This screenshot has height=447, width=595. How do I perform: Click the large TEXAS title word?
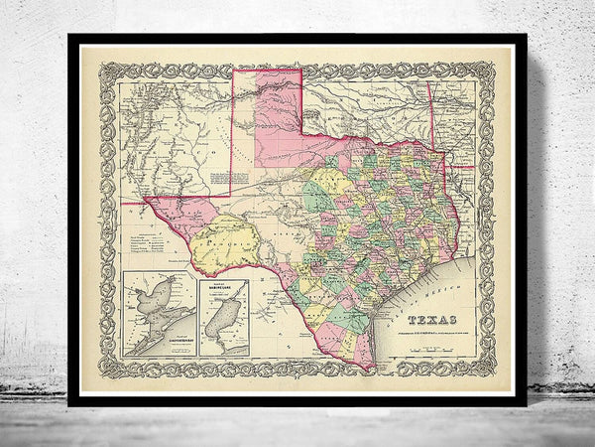432,319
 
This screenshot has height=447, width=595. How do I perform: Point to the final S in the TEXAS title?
454,319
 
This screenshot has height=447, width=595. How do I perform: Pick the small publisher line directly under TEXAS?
432,329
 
